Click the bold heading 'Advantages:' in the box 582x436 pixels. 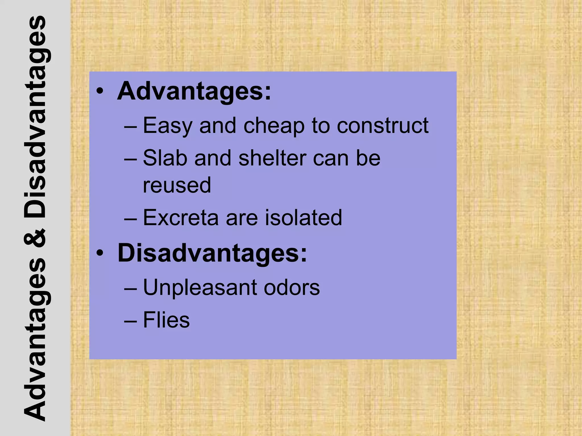pyautogui.click(x=194, y=92)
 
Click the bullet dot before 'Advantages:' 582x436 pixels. pyautogui.click(x=100, y=91)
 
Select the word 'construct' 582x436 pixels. pyautogui.click(x=383, y=125)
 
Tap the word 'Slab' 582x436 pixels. pyautogui.click(x=165, y=158)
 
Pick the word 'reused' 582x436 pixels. pyautogui.click(x=177, y=185)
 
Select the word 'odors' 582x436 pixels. pyautogui.click(x=292, y=287)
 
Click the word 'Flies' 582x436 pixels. pyautogui.click(x=166, y=320)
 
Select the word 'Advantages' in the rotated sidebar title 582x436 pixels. pyautogui.click(x=35, y=339)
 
